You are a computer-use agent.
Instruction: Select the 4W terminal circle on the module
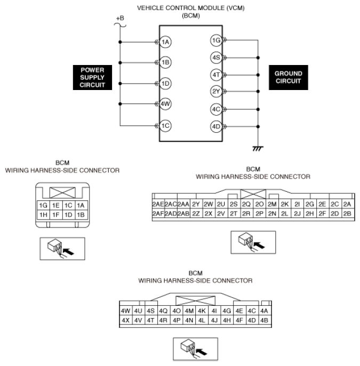[x=166, y=104]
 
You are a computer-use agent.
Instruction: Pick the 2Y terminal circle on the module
[x=216, y=91]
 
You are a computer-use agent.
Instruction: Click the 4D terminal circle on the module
[x=216, y=127]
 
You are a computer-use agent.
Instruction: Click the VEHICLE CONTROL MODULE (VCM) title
[x=180, y=9]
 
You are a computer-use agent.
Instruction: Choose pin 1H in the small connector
[x=42, y=215]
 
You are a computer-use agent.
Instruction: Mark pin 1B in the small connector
[x=81, y=215]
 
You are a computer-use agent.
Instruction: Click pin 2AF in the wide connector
[x=158, y=214]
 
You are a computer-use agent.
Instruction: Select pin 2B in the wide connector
[x=347, y=214]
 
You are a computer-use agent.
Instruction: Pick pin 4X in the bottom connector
[x=126, y=320]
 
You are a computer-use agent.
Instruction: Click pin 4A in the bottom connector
[x=265, y=311]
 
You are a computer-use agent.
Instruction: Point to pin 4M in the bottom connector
[x=189, y=311]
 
